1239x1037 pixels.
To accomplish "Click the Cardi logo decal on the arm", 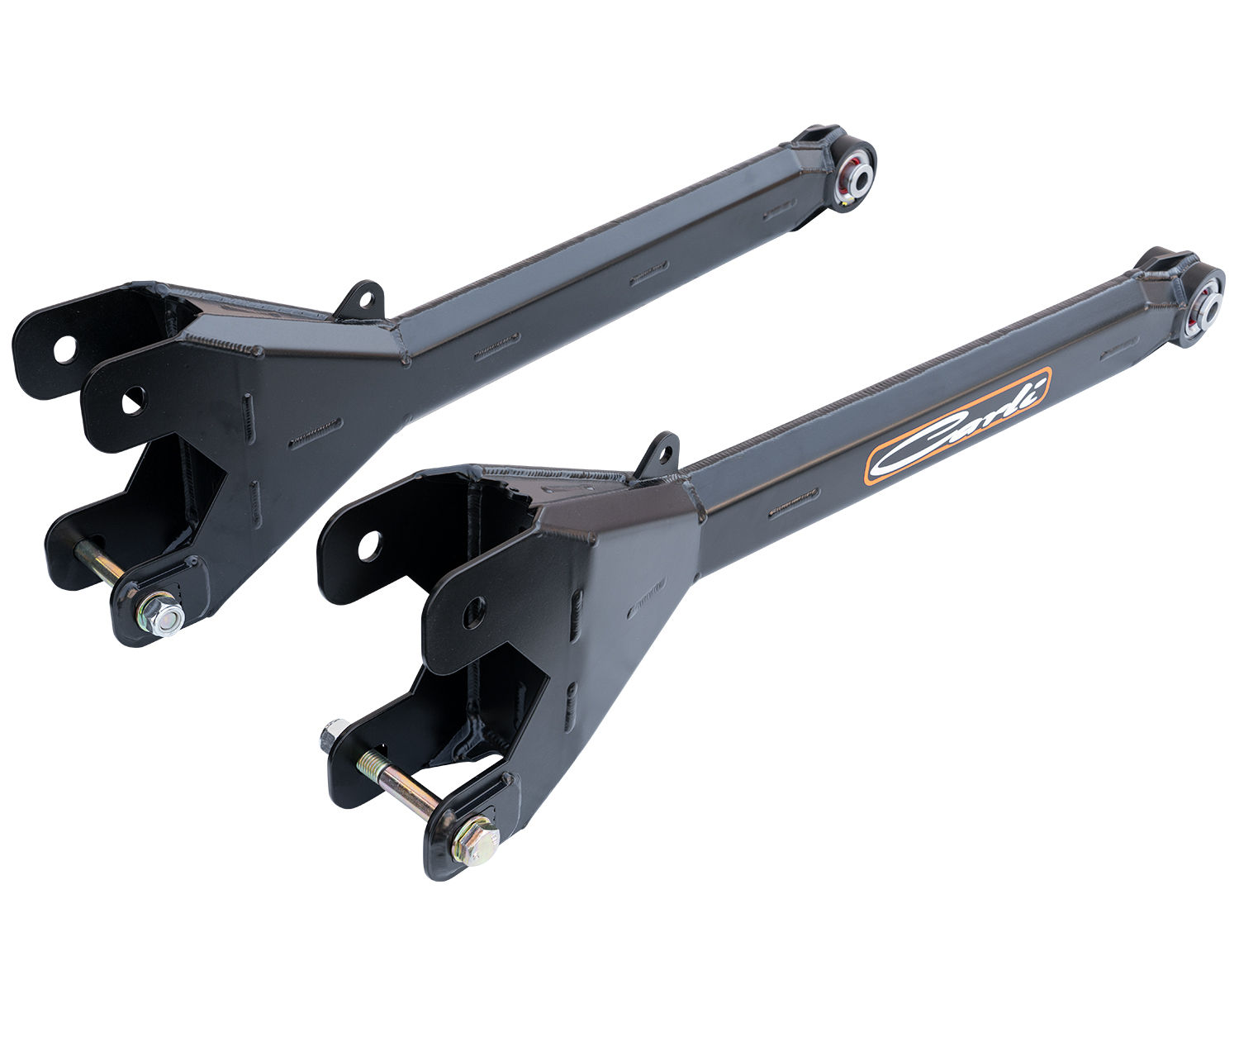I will [x=958, y=426].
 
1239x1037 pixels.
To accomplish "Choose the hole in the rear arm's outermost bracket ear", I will [x=63, y=348].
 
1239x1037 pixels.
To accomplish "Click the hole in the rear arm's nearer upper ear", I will [x=132, y=402].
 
